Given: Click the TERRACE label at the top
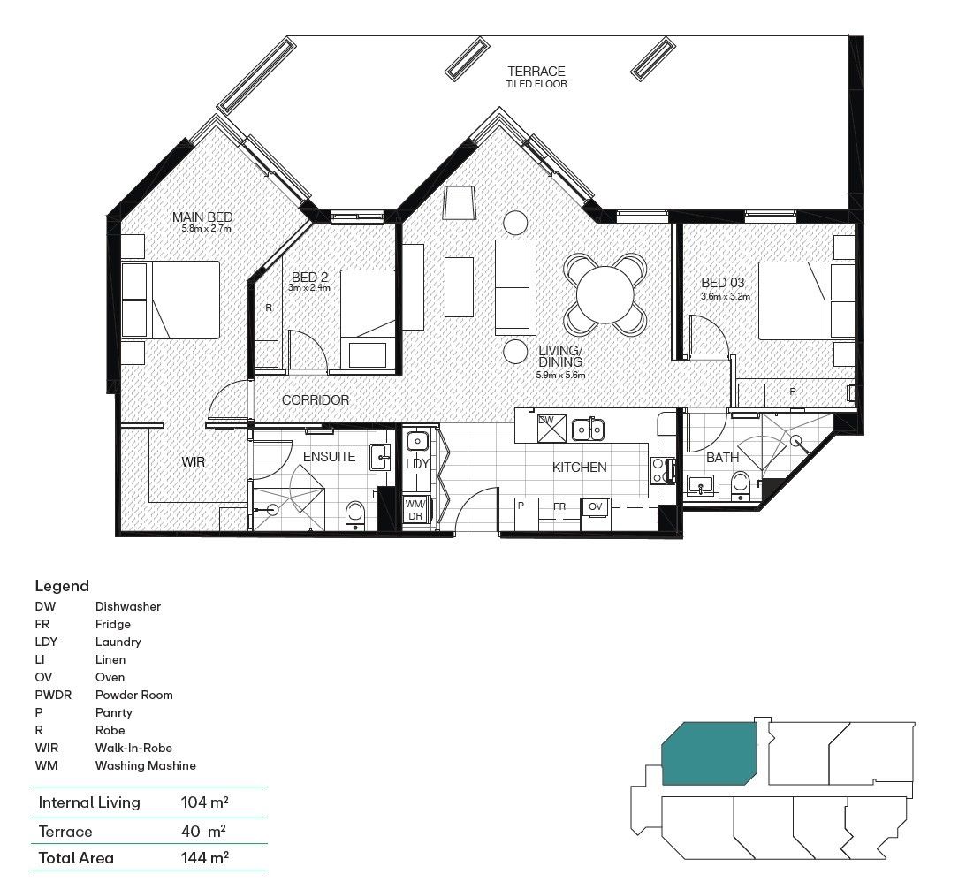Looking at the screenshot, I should pos(536,72).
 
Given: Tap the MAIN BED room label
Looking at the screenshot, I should pos(202,217).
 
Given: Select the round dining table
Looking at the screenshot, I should pos(605,294).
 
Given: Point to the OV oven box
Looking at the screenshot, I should pos(596,506).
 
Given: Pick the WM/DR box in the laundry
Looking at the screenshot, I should pos(415,510).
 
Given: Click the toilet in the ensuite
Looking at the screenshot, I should pos(355,513).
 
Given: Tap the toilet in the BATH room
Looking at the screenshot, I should pos(741,484).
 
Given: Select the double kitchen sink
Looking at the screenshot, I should pos(588,430).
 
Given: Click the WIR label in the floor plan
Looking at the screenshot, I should pos(194,461).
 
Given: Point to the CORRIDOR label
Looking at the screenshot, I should pos(316,400).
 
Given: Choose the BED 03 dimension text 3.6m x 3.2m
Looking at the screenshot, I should pos(725,297).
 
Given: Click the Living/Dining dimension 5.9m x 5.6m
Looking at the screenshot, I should pos(560,375).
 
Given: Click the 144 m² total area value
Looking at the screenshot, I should pos(203,857).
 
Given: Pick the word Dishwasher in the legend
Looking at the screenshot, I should pos(127,607).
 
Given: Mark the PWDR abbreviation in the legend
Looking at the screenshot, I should pos(54,696).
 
